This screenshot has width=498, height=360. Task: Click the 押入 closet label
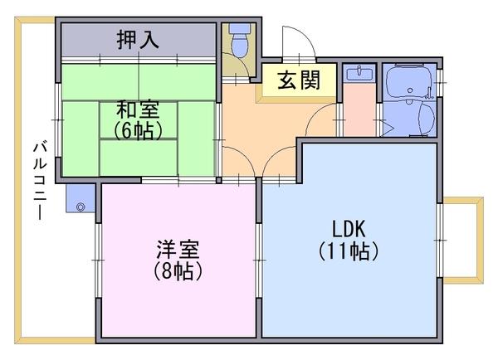138,38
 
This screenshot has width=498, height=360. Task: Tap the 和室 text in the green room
138,109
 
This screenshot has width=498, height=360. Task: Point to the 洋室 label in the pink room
177,249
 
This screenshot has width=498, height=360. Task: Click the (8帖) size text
177,270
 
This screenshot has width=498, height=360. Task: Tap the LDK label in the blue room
349,228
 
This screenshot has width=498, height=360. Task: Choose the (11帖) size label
349,250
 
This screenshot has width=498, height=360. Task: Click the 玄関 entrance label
295,81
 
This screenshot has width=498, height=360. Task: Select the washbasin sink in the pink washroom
359,74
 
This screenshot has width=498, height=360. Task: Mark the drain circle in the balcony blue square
81,204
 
